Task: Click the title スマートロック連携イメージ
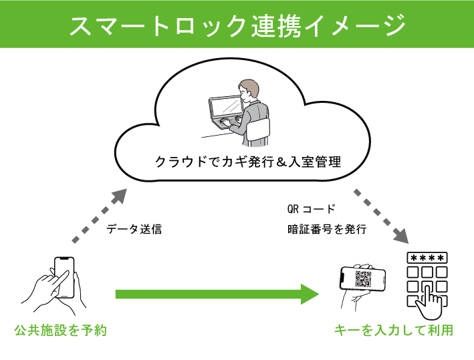tap(237, 25)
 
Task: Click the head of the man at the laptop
tap(249, 91)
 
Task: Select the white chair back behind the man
tap(259, 130)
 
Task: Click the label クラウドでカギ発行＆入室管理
tap(248, 162)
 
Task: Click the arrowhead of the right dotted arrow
tap(401, 236)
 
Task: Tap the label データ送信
tap(134, 229)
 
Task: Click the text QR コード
tap(311, 208)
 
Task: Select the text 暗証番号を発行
tap(327, 229)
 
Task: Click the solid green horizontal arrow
tap(217, 294)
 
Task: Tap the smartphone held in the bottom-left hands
tap(64, 277)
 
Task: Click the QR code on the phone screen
tap(363, 279)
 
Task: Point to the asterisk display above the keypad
tap(427, 258)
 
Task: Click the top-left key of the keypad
tap(412, 272)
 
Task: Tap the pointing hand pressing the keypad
tap(429, 301)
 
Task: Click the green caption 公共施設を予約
tap(61, 331)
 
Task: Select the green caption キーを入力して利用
tap(394, 331)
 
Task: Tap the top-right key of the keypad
tap(442, 272)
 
